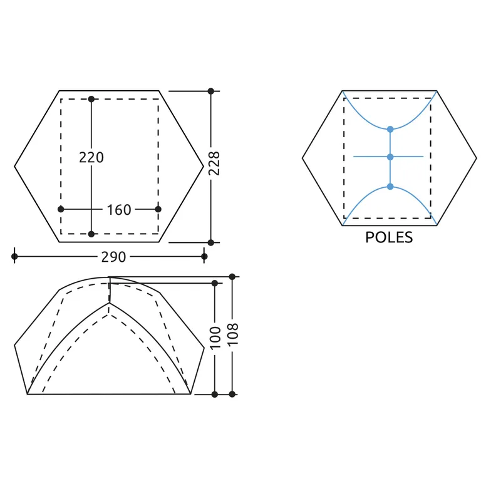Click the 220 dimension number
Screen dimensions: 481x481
click(x=91, y=157)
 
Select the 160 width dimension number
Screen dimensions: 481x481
click(x=119, y=210)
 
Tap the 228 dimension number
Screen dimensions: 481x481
click(x=214, y=163)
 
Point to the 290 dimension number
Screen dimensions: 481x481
click(x=113, y=257)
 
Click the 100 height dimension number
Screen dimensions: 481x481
click(x=215, y=338)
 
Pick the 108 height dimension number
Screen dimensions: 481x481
click(x=233, y=334)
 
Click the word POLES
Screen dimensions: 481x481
click(x=389, y=237)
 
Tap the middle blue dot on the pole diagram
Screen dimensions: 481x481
click(x=390, y=157)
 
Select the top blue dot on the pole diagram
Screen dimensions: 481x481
click(x=390, y=130)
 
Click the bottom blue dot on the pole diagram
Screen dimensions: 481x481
click(x=390, y=187)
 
